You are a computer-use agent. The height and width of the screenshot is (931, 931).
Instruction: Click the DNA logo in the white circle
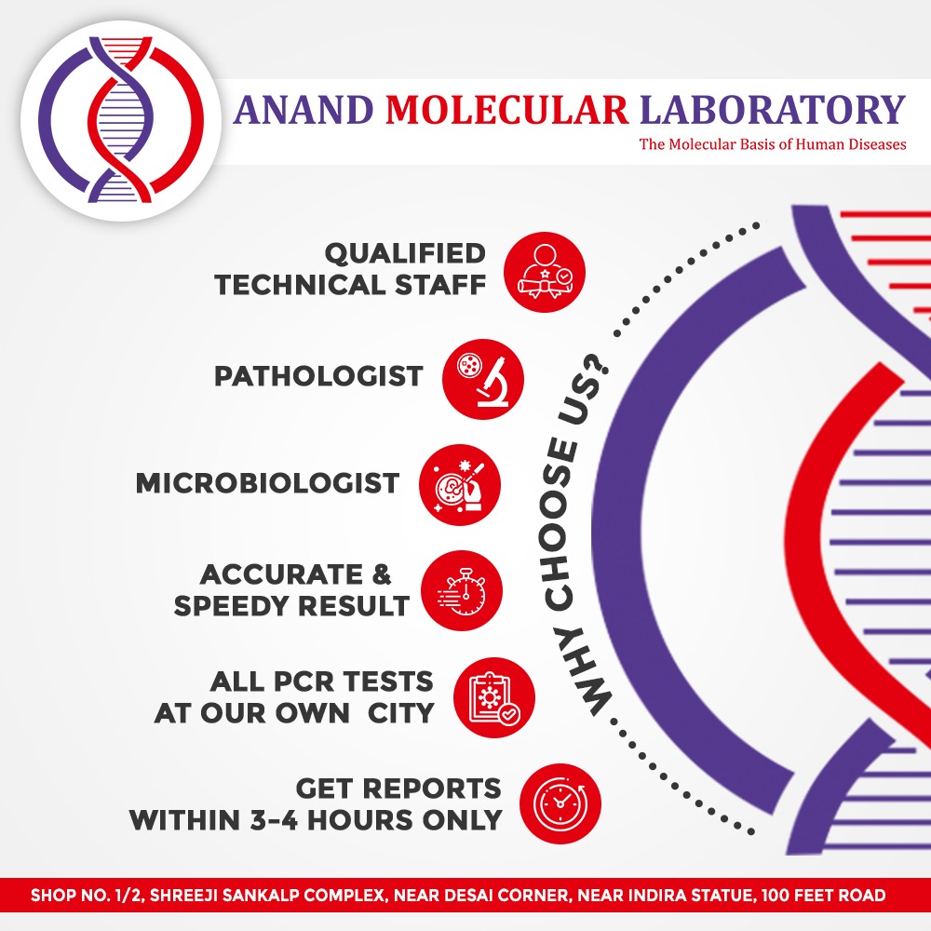[x=121, y=119]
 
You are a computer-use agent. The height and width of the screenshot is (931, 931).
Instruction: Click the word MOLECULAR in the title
[x=507, y=110]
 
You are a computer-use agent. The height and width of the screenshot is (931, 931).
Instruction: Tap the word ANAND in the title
[x=303, y=110]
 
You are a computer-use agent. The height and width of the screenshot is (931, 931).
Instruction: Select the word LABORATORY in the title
[x=773, y=110]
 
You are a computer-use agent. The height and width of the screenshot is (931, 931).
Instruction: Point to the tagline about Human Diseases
[x=773, y=144]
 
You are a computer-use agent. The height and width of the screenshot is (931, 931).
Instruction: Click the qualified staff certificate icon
[x=545, y=272]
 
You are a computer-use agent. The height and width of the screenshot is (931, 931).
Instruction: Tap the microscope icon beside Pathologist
[x=482, y=379]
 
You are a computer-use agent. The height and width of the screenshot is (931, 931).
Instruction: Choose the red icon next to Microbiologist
[x=460, y=484]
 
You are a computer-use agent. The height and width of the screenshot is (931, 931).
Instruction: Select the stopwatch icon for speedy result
[x=462, y=591]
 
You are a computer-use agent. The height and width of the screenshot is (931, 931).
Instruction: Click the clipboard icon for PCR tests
[x=494, y=697]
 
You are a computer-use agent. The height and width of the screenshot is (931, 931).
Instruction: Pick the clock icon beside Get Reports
[x=560, y=803]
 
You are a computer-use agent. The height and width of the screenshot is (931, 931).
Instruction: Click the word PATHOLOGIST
[x=318, y=376]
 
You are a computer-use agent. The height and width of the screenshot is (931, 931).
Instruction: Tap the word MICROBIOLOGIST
[x=267, y=483]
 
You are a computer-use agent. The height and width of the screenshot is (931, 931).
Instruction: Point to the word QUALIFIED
[x=405, y=254]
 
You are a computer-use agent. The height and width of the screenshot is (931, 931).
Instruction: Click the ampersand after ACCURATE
[x=382, y=574]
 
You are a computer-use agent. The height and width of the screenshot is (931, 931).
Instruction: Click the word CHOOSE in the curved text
[x=558, y=525]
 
